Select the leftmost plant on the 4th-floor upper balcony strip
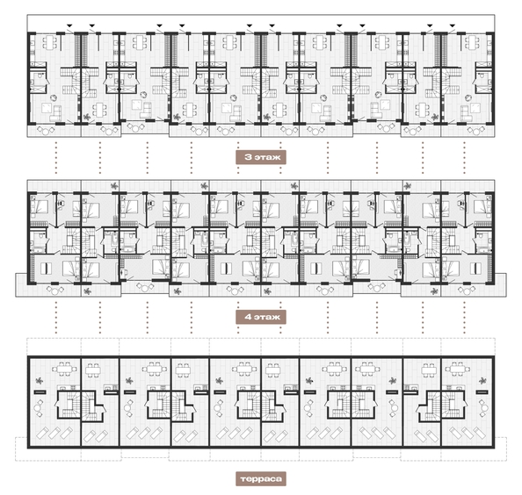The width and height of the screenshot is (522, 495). click(115, 186)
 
